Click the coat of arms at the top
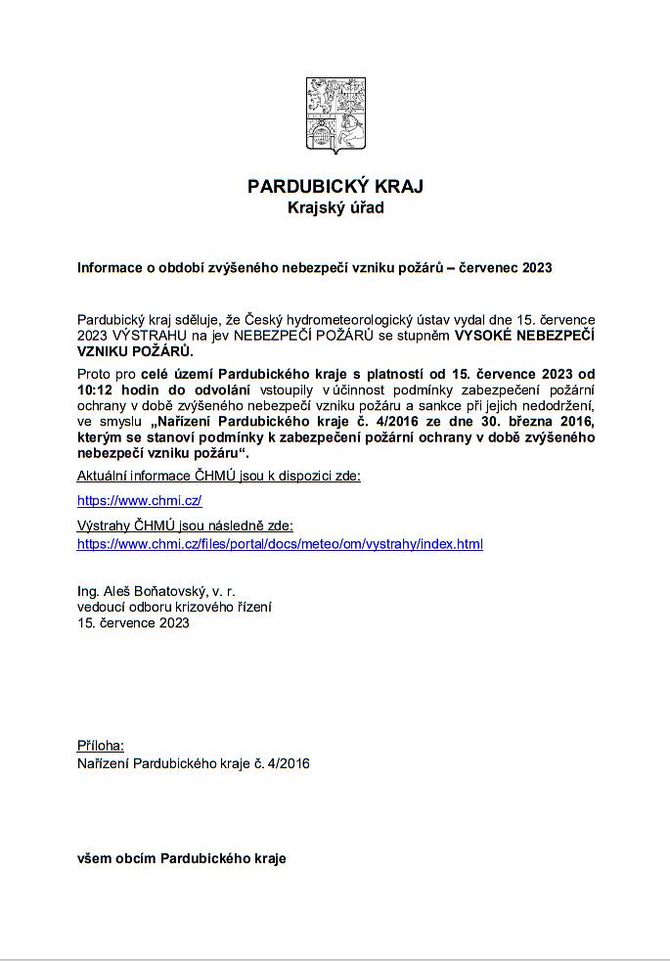point(335,115)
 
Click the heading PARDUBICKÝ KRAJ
point(335,186)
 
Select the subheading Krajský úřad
point(335,207)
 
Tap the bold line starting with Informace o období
point(315,267)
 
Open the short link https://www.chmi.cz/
point(139,500)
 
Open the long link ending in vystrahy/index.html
point(280,543)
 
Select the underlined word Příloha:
point(101,746)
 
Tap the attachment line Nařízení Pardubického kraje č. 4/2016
point(193,762)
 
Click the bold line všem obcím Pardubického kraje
point(181,858)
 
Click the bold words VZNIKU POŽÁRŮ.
point(135,349)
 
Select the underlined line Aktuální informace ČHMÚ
point(218,476)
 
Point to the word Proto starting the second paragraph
point(95,374)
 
